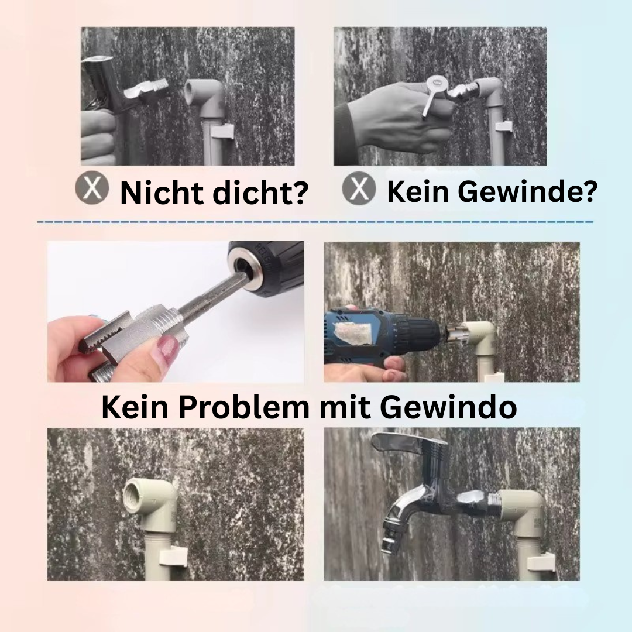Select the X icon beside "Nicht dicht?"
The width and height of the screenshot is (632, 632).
pyautogui.click(x=92, y=188)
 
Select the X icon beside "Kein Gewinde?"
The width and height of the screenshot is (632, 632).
pyautogui.click(x=359, y=188)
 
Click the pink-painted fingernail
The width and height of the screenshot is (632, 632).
pyautogui.click(x=169, y=350)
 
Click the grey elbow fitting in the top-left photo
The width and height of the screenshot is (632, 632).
pyautogui.click(x=205, y=99)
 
